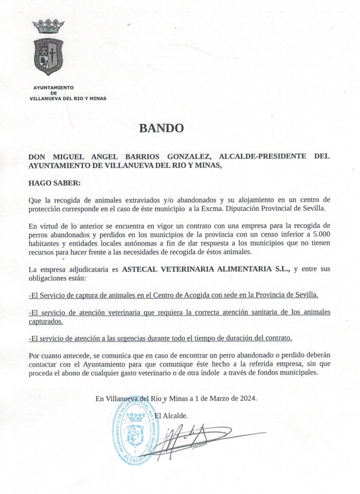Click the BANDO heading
point(161,128)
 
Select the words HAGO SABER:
point(55,183)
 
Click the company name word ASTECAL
point(140,269)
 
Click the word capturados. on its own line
point(46,321)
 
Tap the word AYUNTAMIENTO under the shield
point(53,88)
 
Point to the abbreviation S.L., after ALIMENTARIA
point(282,269)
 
